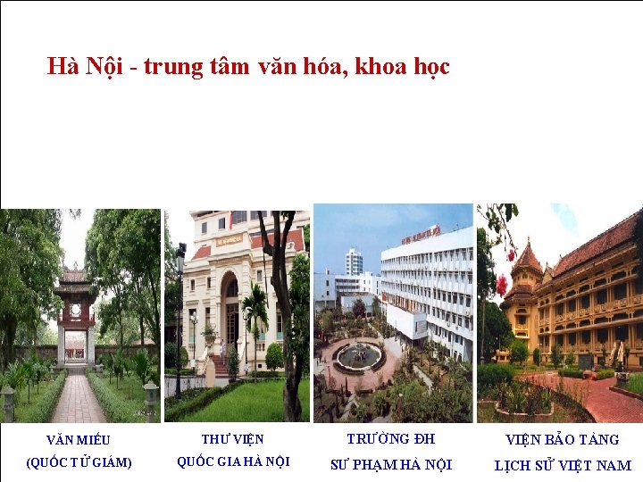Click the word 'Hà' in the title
pyautogui.click(x=63, y=67)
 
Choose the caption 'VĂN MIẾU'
pyautogui.click(x=79, y=439)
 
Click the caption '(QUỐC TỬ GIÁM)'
pyautogui.click(x=79, y=462)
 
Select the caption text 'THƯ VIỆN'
pyautogui.click(x=232, y=438)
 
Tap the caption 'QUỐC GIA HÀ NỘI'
pyautogui.click(x=233, y=461)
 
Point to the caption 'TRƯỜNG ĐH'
pyautogui.click(x=391, y=438)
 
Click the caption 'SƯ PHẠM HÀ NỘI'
pyautogui.click(x=391, y=464)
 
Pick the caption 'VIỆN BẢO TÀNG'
pyautogui.click(x=563, y=439)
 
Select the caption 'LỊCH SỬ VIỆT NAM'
pyautogui.click(x=563, y=465)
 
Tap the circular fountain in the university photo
pyautogui.click(x=359, y=355)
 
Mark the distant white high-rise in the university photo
pyautogui.click(x=354, y=261)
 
